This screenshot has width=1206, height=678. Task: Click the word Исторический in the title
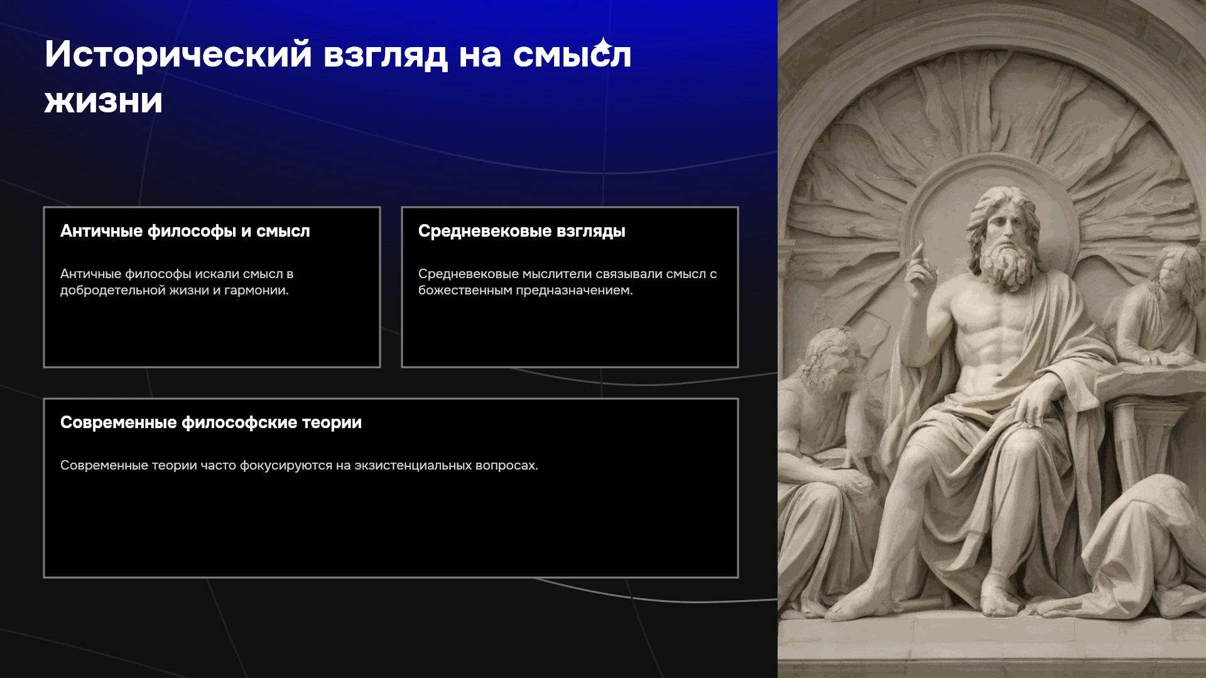pos(178,55)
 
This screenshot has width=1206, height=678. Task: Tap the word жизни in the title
pos(104,100)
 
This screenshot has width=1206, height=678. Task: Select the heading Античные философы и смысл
pos(185,231)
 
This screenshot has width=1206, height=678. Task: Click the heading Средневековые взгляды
pos(522,231)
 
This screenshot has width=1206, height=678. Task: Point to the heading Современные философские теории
pos(211,422)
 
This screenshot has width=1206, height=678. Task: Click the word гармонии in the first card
pos(256,291)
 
